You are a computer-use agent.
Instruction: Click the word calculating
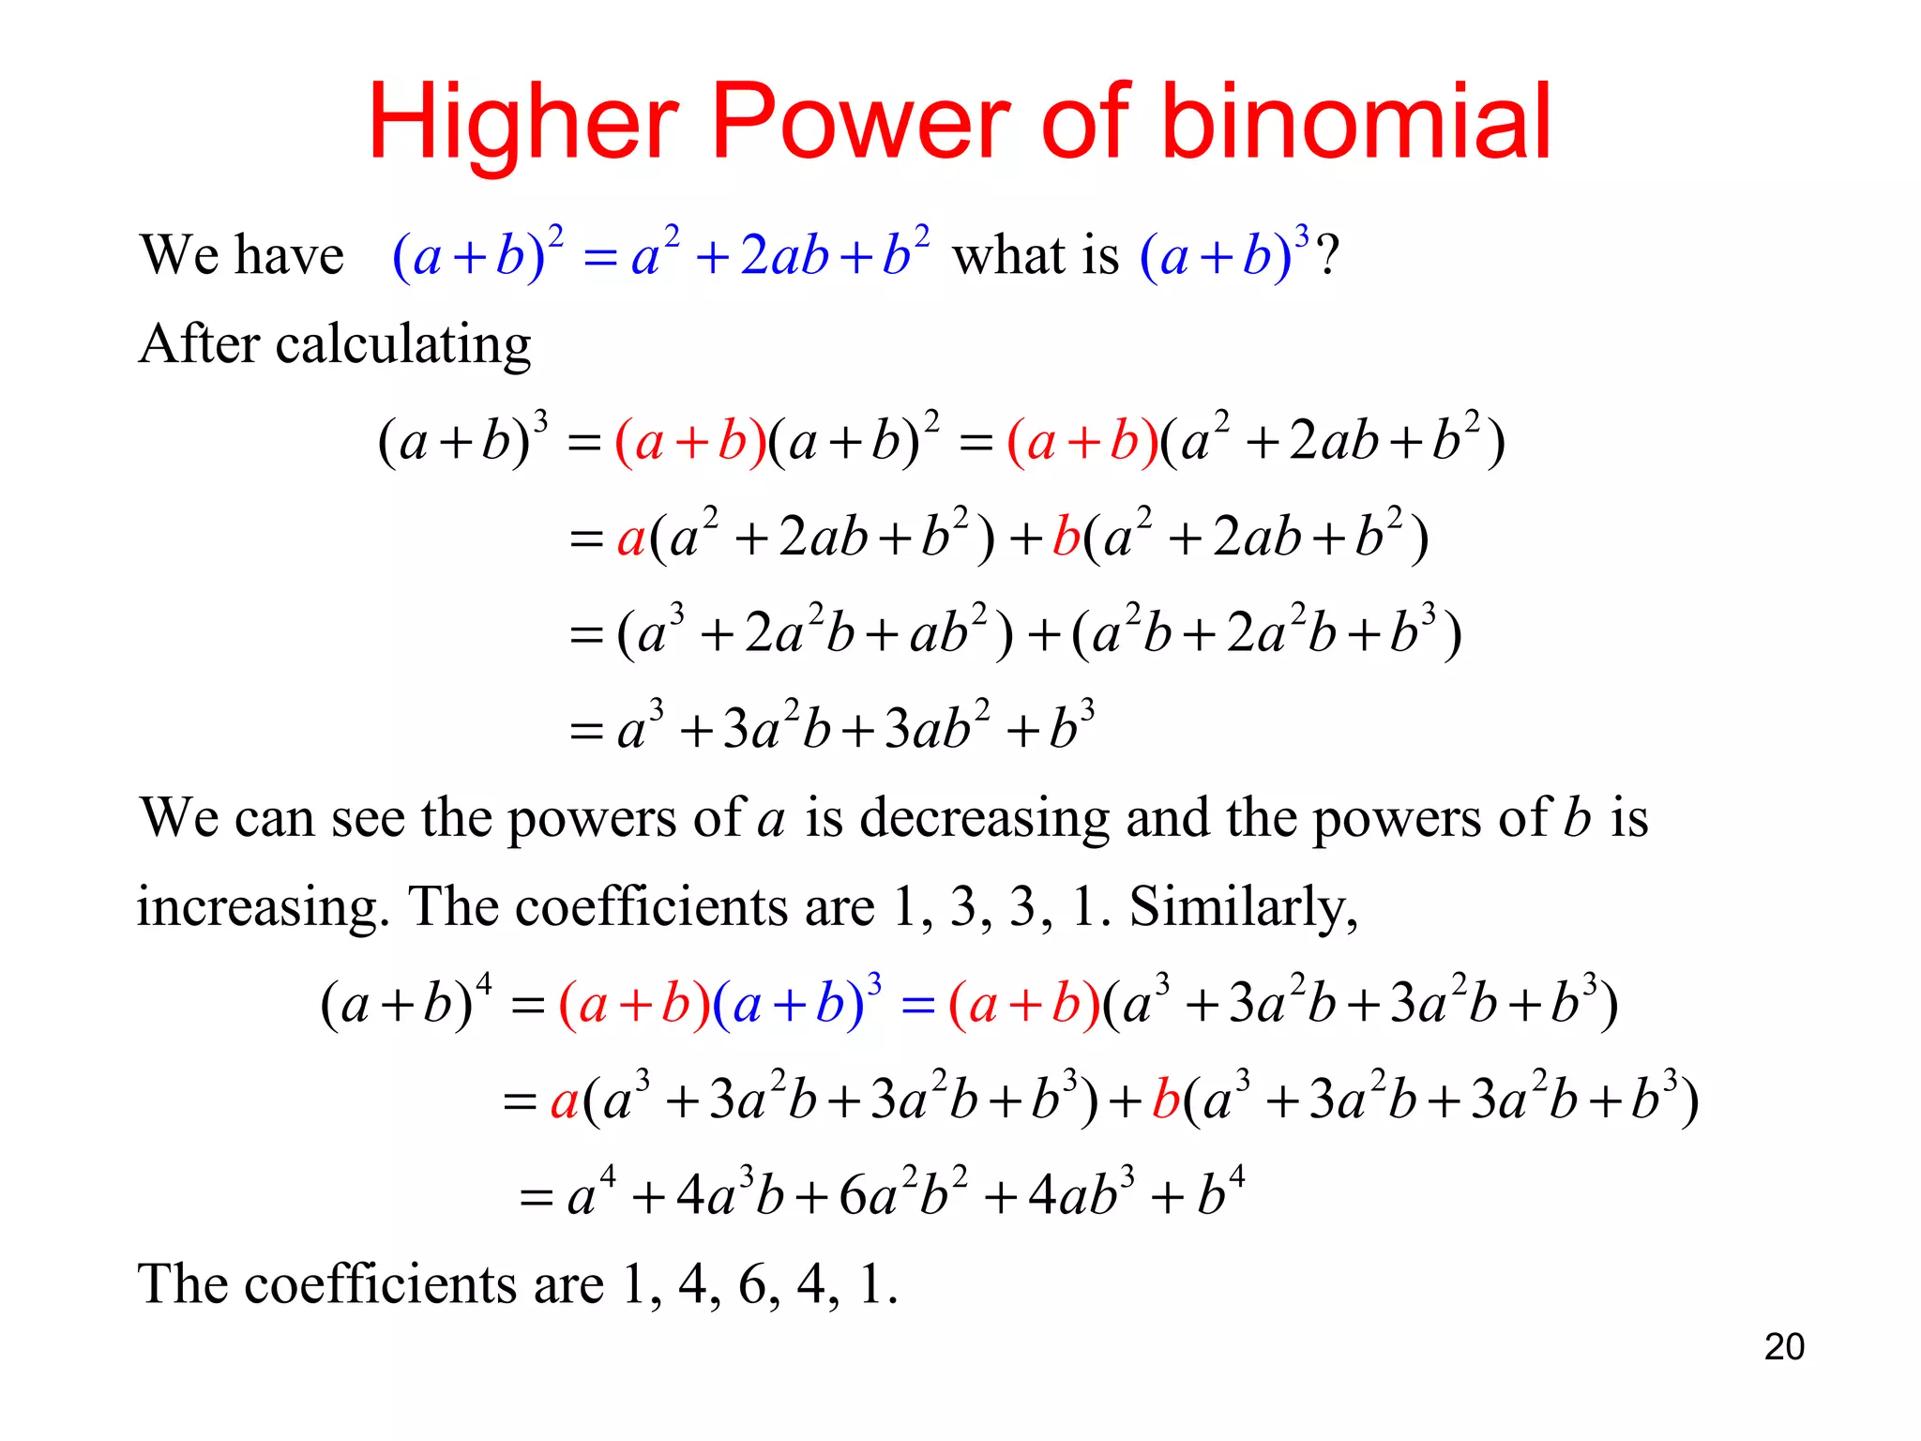click(x=403, y=345)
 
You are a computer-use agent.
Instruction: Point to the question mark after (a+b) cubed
click(x=1327, y=255)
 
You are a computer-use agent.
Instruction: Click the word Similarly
click(x=1243, y=907)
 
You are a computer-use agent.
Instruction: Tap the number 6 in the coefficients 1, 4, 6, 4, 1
click(x=753, y=1284)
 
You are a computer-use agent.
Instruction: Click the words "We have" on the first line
click(x=242, y=255)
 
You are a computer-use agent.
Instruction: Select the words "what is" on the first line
click(x=1036, y=255)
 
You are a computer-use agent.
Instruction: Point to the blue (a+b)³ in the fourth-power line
click(x=797, y=1004)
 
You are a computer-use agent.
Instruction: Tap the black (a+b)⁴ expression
click(x=405, y=1004)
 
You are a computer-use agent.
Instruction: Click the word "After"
click(x=199, y=345)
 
